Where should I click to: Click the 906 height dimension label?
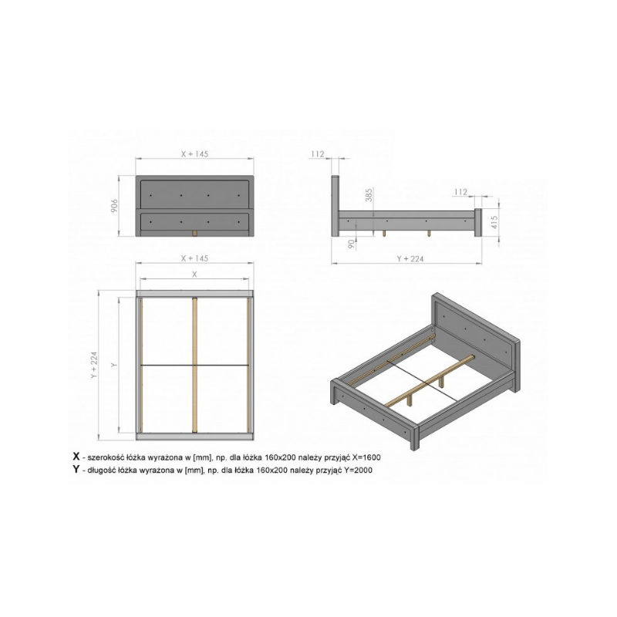tap(114, 206)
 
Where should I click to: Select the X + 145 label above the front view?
tap(194, 153)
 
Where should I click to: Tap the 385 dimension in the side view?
tap(369, 195)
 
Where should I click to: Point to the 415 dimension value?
tap(494, 222)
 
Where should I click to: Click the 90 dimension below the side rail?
tap(352, 244)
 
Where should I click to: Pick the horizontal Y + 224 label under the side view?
tap(410, 258)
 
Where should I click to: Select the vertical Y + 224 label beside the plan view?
tap(93, 365)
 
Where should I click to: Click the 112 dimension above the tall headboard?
tap(318, 153)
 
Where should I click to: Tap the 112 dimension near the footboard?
tap(460, 191)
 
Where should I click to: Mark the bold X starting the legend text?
tap(76, 457)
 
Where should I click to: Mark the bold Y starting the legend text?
tap(76, 469)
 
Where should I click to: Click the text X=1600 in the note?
tap(366, 457)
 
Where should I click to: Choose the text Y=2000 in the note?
tap(358, 470)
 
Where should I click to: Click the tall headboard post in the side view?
tap(335, 206)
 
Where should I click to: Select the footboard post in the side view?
tap(477, 222)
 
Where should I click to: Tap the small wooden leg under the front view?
tap(194, 234)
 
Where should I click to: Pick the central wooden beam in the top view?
tap(194, 365)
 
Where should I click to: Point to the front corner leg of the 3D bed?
tap(414, 437)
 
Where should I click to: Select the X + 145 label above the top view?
tap(194, 258)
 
